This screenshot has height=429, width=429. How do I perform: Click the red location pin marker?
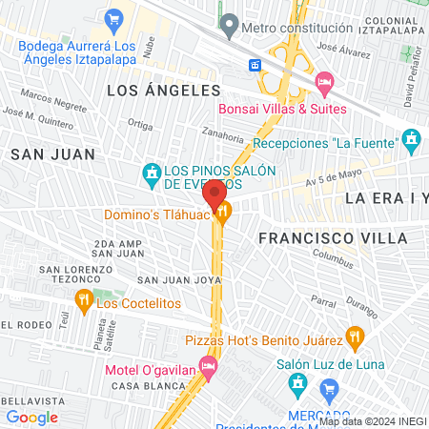pos(214,194)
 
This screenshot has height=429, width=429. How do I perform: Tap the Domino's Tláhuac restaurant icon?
pos(223,214)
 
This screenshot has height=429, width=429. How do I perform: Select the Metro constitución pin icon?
pos(228,22)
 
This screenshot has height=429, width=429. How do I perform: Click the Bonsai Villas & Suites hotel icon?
pos(324,84)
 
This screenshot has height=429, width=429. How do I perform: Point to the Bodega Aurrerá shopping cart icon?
pos(113,18)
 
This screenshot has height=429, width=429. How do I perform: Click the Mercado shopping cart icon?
pos(330,388)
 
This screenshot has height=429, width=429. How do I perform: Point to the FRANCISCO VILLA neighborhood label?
pos(333,237)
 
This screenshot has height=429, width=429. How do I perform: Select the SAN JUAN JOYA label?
pos(179,280)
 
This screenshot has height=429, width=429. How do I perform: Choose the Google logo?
pos(31,417)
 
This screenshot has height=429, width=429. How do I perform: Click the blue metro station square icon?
pos(255,65)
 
